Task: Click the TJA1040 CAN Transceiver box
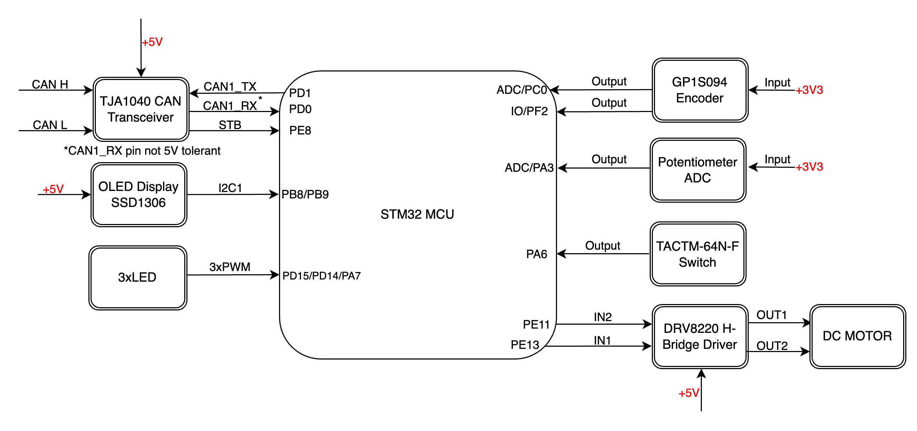141,109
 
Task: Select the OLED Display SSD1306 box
139,195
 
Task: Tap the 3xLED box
138,277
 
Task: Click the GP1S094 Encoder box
700,90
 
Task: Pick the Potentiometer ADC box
698,170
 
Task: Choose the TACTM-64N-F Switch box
698,254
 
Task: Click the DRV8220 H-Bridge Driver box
700,336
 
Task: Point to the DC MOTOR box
857,336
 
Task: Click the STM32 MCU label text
417,214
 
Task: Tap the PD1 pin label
300,93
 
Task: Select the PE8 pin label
300,131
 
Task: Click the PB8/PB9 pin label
305,194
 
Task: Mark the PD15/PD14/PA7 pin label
321,276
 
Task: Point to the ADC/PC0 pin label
522,90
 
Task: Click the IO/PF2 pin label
529,111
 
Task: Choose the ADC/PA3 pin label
529,167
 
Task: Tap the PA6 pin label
536,254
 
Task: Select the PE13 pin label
525,345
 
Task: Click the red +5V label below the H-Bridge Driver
689,393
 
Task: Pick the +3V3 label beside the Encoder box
809,90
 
